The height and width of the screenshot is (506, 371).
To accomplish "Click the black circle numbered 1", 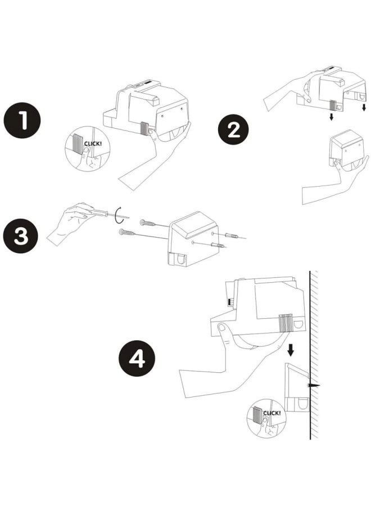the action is click(x=22, y=121).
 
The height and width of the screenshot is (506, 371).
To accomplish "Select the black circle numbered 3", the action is click(x=21, y=236).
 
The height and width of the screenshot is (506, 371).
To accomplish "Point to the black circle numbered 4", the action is click(x=137, y=358).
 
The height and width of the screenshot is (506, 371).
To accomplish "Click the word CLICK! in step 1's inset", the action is click(x=93, y=143).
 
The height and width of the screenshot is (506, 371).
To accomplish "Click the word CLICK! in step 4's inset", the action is click(x=272, y=413).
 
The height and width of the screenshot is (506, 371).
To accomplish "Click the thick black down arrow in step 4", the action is click(x=291, y=350).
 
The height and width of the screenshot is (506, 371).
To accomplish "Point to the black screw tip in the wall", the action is click(x=313, y=386).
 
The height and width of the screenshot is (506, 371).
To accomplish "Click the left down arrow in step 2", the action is click(x=331, y=116).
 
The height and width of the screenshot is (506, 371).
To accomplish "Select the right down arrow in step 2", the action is click(x=364, y=107).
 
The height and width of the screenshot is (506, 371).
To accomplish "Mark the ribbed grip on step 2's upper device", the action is click(x=333, y=105).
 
